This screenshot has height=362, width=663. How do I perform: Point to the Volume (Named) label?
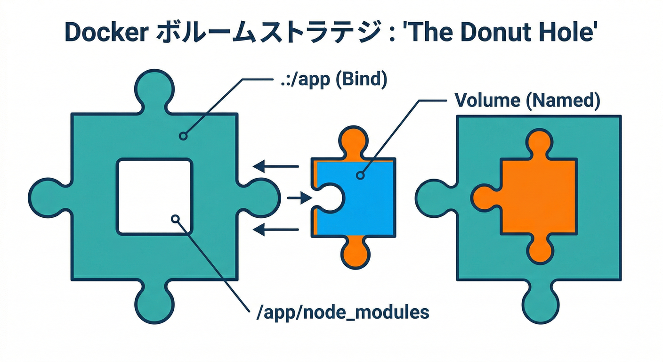tap(527, 100)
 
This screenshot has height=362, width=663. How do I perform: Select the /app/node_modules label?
tap(343, 313)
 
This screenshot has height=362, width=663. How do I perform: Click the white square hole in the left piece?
tap(155, 197)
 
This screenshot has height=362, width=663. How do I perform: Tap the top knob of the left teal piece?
tap(155, 90)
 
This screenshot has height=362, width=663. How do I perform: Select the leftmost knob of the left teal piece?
tap(47, 197)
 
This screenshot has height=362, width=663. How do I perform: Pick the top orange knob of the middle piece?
tap(352, 141)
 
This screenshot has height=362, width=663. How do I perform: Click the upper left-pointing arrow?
tap(275, 166)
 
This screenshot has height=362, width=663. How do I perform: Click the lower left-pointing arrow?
tap(275, 230)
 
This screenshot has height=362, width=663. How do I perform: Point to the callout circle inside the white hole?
tap(175, 219)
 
